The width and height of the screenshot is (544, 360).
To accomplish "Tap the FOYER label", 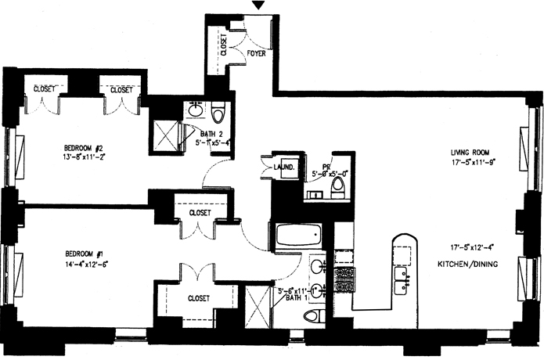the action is coord(257,54).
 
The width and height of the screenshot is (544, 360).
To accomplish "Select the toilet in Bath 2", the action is coord(218,111).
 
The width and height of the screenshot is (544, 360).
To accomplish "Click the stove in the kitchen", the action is coord(344,279).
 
